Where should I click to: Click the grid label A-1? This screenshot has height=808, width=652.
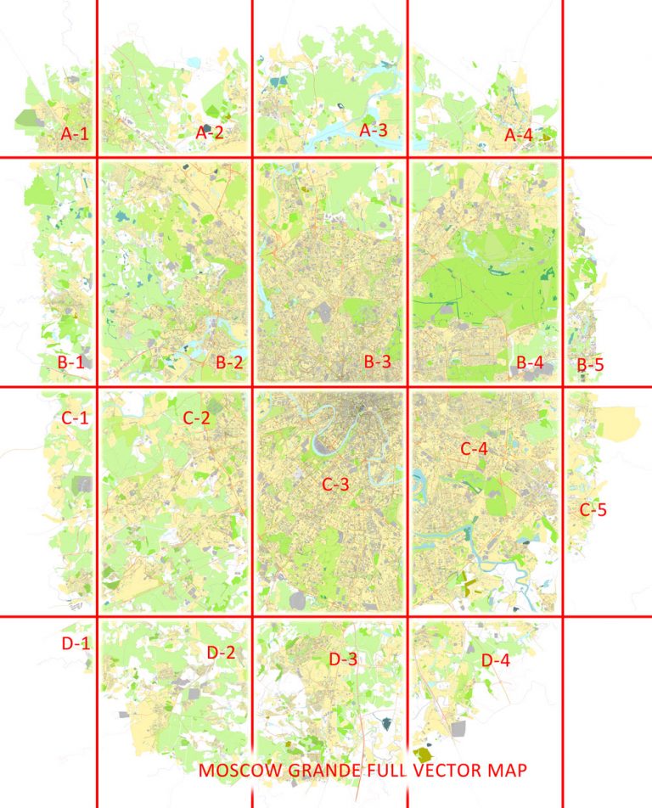click(x=74, y=133)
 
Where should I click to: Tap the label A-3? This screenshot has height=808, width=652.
click(x=374, y=131)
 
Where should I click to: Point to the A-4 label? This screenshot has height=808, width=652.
click(x=519, y=135)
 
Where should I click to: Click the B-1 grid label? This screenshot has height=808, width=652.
click(x=70, y=362)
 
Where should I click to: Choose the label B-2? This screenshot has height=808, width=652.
click(x=230, y=362)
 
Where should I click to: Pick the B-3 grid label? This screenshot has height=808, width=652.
click(x=378, y=362)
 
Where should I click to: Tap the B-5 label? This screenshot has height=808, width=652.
click(x=591, y=366)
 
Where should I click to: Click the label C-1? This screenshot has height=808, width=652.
click(x=75, y=418)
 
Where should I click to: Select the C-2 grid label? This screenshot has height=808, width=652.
click(x=196, y=418)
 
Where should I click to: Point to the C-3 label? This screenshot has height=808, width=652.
click(x=336, y=485)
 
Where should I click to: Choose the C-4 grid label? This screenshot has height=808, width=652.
click(x=474, y=447)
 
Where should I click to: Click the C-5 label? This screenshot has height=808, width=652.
click(x=593, y=510)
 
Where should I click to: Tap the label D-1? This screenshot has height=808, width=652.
click(x=76, y=643)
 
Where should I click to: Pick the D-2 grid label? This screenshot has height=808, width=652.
click(x=221, y=653)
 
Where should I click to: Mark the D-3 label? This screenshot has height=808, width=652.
click(x=343, y=659)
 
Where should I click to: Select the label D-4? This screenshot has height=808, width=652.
click(x=495, y=659)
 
